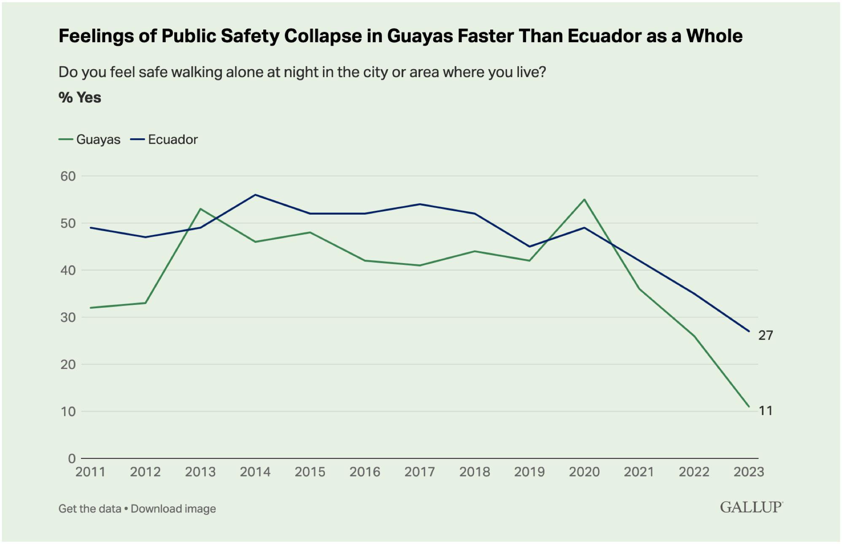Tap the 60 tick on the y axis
coord(68,176)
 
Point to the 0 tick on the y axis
coord(72,458)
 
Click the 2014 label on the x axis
coord(255,472)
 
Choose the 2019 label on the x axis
coord(529,472)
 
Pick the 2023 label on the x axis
coord(749,472)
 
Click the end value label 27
coord(766,336)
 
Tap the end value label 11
coord(766,411)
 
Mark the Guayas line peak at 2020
coord(584,199)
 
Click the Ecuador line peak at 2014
coord(255,195)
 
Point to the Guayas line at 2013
coord(200,209)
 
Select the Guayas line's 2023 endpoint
coord(749,407)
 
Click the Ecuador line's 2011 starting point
coord(91,228)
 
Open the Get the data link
coord(90,509)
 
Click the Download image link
coord(173,509)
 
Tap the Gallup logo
coord(751,507)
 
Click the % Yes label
coord(80,98)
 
